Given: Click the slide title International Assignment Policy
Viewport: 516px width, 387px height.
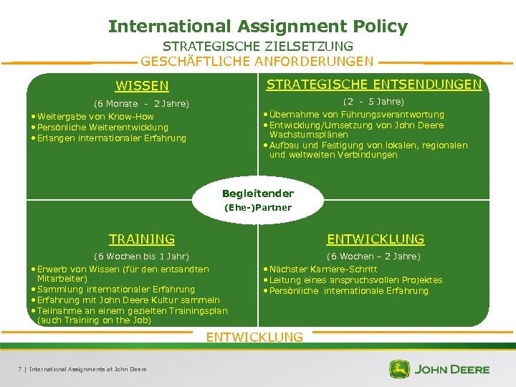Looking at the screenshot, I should point(258,27).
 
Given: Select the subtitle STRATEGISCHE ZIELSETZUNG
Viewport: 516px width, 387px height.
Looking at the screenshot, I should point(258,47).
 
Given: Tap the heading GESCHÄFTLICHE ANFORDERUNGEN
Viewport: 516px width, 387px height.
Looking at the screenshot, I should point(257,62).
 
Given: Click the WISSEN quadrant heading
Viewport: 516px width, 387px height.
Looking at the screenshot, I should point(142,87).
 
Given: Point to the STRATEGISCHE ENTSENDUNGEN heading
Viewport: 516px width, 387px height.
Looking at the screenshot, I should point(374,85).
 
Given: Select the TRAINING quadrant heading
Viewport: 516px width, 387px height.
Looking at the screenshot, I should point(142,239).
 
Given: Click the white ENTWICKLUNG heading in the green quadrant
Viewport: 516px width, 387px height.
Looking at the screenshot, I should point(376,239).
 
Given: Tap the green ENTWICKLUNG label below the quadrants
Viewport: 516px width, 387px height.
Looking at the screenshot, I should point(254,337).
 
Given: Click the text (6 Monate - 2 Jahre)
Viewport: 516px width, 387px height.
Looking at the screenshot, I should point(142,104).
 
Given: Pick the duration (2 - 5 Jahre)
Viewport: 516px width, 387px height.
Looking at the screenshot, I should point(374,102).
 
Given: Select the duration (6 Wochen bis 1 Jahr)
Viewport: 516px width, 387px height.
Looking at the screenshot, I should point(142,256).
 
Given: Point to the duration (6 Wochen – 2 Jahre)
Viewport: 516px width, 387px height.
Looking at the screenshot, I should point(374,256).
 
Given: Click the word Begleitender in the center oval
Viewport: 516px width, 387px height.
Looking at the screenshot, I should point(258,193).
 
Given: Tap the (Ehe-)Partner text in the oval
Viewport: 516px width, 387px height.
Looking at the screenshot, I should point(258,208).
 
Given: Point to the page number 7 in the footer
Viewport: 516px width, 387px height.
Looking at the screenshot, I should point(19,369).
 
